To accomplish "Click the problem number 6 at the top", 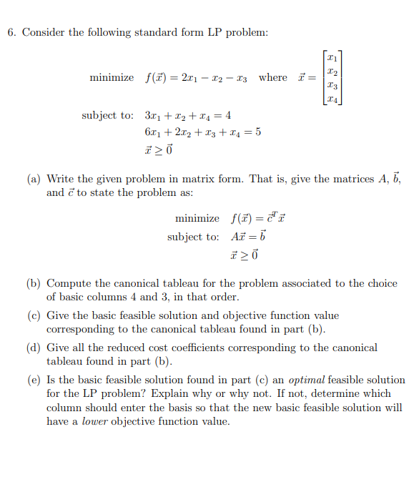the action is tap(11, 33).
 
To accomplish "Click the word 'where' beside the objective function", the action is tap(272, 77).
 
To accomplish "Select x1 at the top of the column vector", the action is tap(331, 56).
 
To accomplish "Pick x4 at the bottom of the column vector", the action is tap(331, 99).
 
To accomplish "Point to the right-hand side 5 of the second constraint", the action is tap(257, 132).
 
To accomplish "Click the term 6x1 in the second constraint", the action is tap(152, 132).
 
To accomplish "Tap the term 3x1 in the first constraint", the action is tap(152, 116).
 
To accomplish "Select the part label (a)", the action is tap(34, 180).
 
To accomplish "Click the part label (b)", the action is tap(34, 283).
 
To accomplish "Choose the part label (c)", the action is tap(34, 315).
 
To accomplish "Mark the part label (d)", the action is tap(34, 348).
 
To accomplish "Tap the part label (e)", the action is tap(34, 380).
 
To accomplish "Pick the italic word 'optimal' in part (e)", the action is tap(307, 380).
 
